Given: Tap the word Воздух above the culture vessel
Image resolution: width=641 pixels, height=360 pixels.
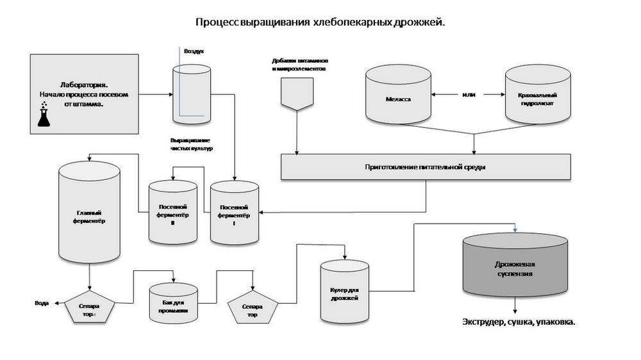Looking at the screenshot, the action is click(194, 51).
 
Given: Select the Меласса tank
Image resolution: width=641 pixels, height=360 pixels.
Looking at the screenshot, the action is click(398, 94).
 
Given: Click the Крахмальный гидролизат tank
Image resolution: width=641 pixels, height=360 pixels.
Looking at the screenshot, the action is click(538, 94).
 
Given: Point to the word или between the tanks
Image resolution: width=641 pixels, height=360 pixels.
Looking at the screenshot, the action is click(469, 94).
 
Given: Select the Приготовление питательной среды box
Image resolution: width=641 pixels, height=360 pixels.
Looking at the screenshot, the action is click(426, 167).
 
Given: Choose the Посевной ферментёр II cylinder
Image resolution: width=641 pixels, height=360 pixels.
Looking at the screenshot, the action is click(173, 212).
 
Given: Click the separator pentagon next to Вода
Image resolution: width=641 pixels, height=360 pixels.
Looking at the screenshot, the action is click(90, 307).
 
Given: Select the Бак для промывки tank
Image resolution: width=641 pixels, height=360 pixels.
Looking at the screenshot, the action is click(173, 303).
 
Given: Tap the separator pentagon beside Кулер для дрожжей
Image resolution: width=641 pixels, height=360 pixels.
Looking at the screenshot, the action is click(253, 307).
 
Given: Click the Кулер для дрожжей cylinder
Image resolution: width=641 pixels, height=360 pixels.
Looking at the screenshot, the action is click(345, 291).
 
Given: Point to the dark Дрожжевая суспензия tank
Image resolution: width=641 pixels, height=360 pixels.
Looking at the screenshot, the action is click(515, 265).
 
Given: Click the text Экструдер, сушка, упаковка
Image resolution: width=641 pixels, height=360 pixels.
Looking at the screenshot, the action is click(519, 322).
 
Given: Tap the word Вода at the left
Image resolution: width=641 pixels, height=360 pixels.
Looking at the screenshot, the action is click(42, 303).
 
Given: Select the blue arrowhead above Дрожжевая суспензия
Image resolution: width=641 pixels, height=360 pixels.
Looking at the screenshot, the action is click(515, 231).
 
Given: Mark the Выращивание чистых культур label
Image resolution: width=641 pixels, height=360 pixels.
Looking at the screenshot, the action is click(191, 144).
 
